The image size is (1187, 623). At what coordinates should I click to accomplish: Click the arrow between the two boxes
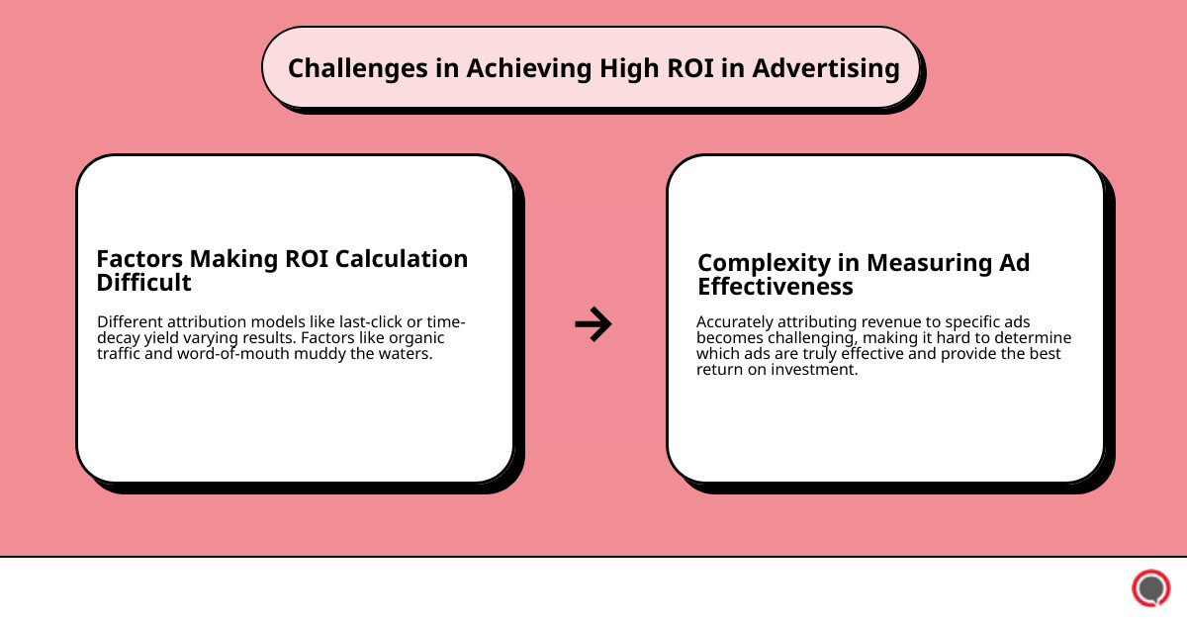(593, 323)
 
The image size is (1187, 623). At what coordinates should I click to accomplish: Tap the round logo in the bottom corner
(1150, 588)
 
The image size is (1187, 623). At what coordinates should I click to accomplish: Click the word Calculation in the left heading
(402, 259)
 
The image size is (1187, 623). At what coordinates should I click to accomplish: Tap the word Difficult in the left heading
(143, 283)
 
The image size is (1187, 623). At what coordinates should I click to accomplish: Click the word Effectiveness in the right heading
(776, 287)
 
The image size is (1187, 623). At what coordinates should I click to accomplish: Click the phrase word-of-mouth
(257, 354)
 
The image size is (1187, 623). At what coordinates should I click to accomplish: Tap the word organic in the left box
(414, 338)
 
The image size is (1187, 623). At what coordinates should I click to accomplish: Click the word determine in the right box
(1034, 338)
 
